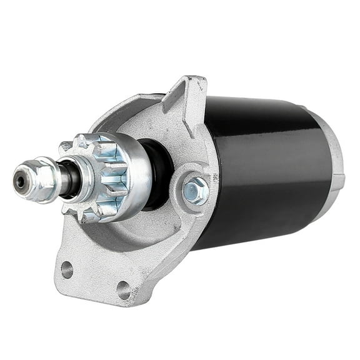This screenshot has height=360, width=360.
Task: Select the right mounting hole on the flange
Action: click(124, 289)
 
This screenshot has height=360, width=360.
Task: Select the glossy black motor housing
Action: click(269, 162)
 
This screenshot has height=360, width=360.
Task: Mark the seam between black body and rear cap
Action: click(326, 156)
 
